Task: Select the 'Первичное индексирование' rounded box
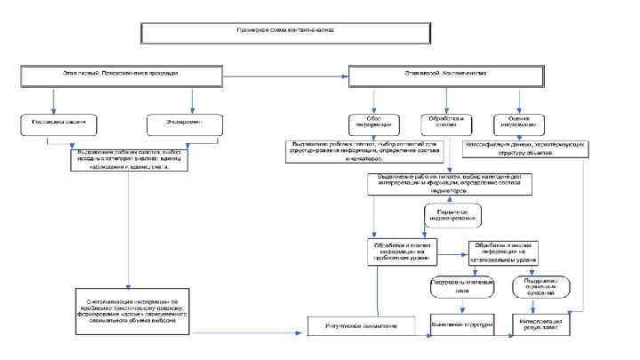[452, 215]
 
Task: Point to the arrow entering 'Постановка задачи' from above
[54, 100]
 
